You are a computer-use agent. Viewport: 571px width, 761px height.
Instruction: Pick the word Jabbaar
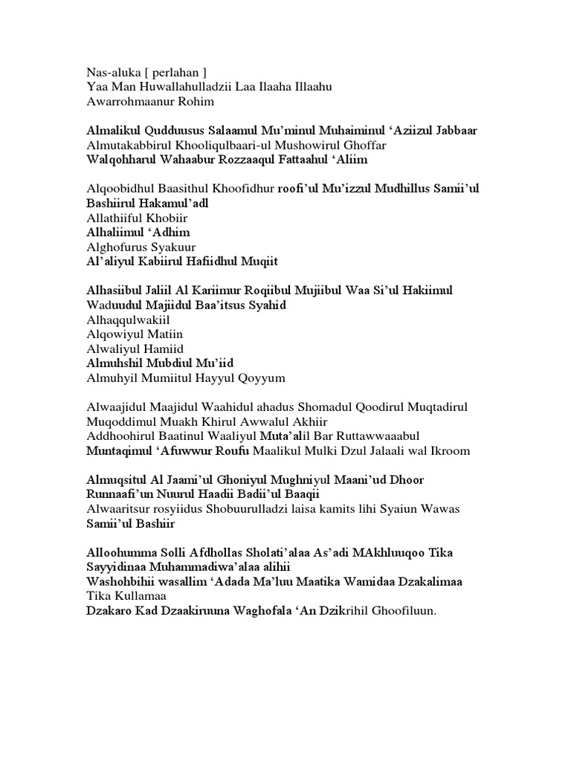click(x=454, y=131)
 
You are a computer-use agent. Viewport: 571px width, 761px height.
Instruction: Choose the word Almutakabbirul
click(x=127, y=145)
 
